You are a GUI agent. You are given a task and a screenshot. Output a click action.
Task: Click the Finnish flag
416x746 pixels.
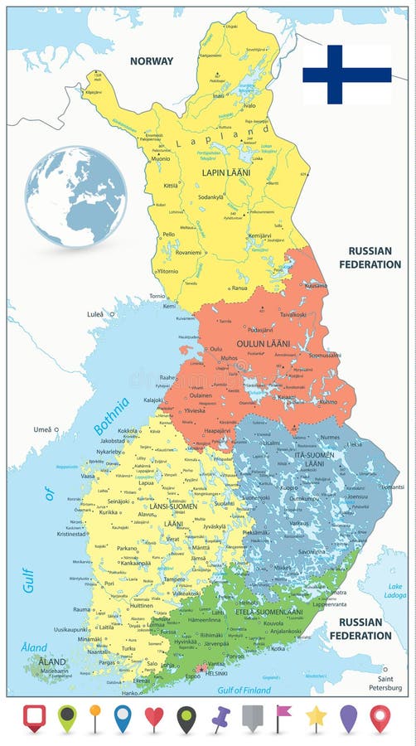(346, 75)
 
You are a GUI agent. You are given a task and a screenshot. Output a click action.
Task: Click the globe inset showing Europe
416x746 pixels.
(75, 196)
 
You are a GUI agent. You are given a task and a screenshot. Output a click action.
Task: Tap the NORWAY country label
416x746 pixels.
(152, 61)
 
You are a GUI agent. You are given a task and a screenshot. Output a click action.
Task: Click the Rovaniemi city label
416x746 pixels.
(187, 253)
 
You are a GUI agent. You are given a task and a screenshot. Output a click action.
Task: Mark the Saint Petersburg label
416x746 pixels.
(386, 684)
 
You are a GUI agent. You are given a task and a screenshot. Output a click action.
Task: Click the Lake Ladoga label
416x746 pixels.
(395, 591)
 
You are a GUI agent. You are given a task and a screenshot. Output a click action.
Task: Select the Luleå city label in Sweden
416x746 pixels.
(95, 315)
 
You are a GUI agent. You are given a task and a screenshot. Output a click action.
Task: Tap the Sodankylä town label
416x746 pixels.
(210, 197)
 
